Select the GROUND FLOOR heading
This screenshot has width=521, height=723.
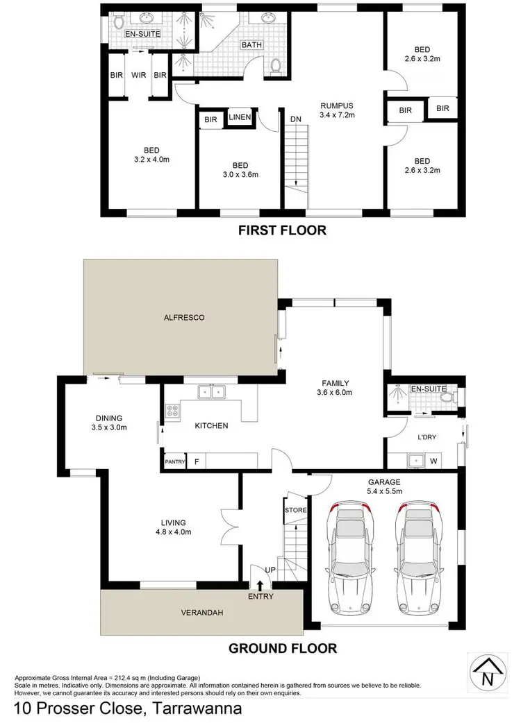283,648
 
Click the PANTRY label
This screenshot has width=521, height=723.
174,461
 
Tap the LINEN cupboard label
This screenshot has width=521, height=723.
239,118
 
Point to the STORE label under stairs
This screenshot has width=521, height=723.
295,510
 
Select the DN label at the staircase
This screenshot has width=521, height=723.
295,119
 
